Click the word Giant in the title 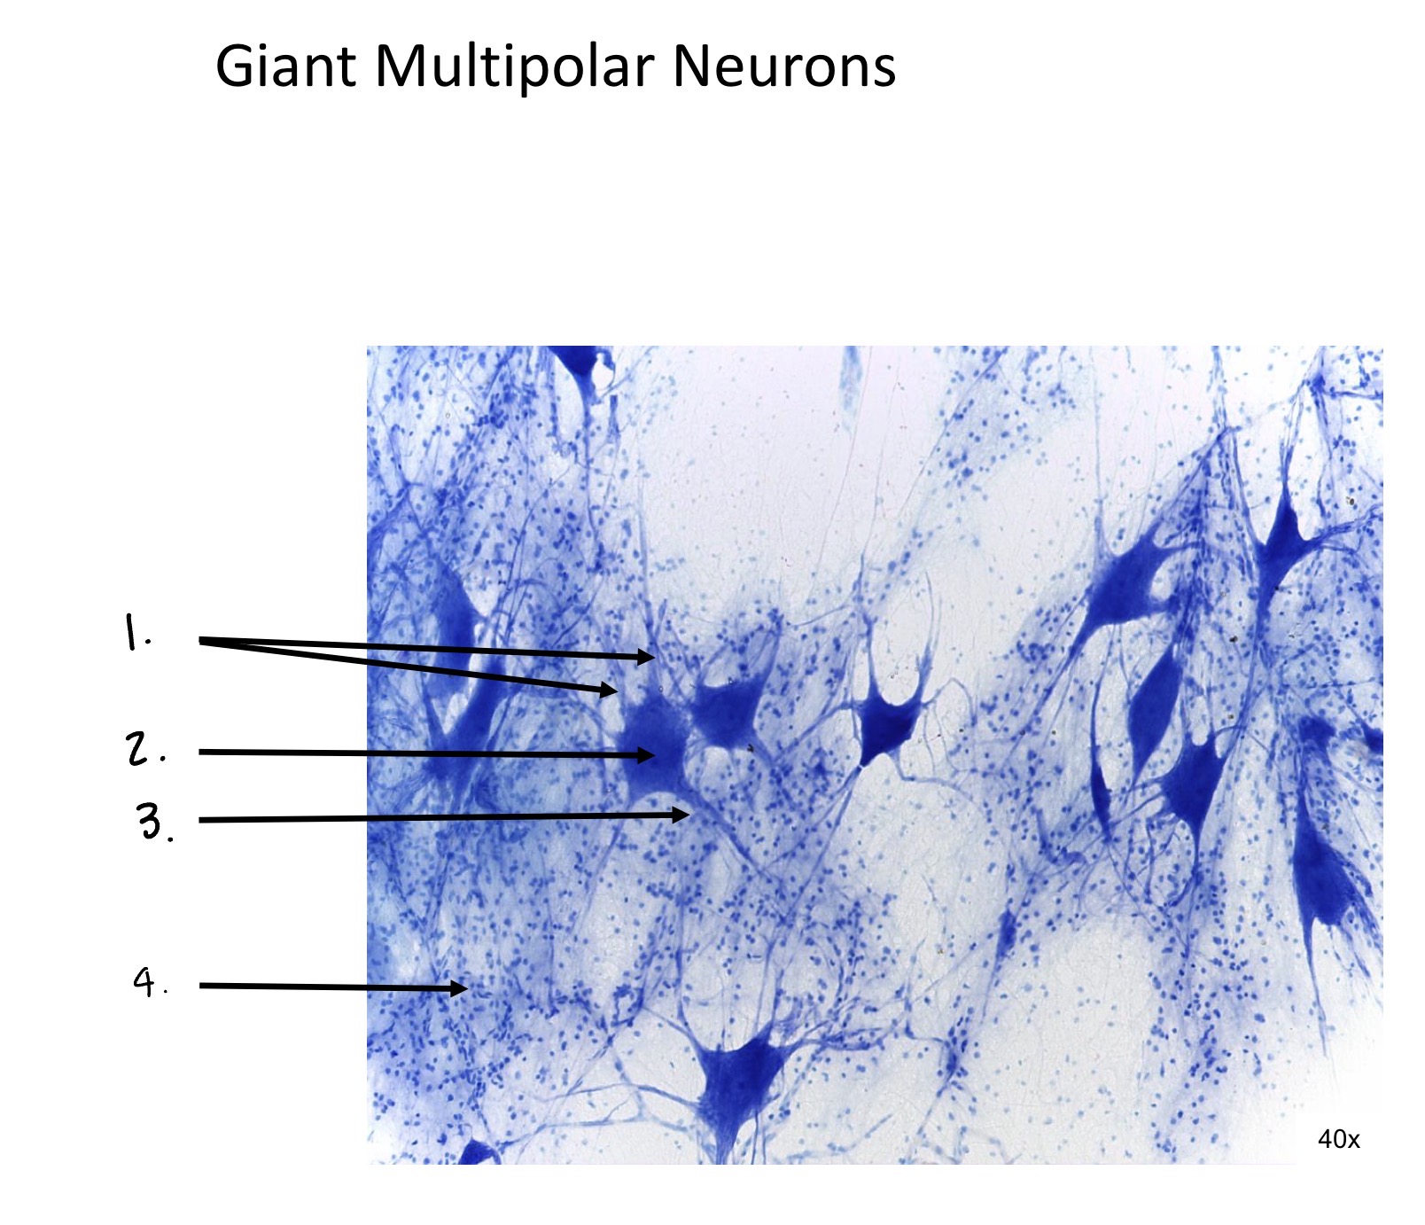(x=286, y=67)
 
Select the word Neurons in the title (x=784, y=67)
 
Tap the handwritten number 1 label (x=136, y=633)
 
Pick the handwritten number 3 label (x=154, y=822)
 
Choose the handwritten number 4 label (x=150, y=982)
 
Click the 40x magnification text (x=1338, y=1139)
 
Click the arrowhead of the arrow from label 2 (x=647, y=754)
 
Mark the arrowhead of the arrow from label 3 (x=680, y=814)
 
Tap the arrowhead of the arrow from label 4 (x=458, y=987)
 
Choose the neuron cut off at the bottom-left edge (x=479, y=1152)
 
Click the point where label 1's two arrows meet (x=200, y=639)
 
